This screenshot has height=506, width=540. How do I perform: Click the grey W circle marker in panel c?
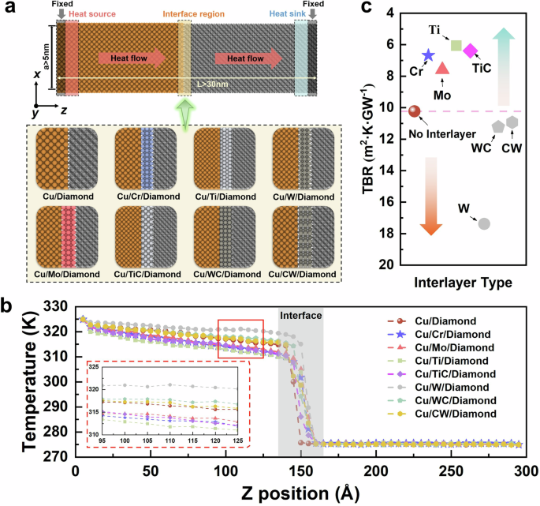pos(484,223)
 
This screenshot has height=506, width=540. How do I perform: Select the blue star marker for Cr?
pos(428,55)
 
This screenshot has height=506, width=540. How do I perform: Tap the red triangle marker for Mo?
pos(442,69)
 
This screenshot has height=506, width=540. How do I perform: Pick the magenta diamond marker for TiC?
pos(470,51)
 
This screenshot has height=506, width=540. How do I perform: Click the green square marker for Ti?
pos(456,45)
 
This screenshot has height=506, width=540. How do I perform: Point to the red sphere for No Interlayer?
pos(414,111)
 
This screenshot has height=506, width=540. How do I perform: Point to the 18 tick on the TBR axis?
pos(390,232)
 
